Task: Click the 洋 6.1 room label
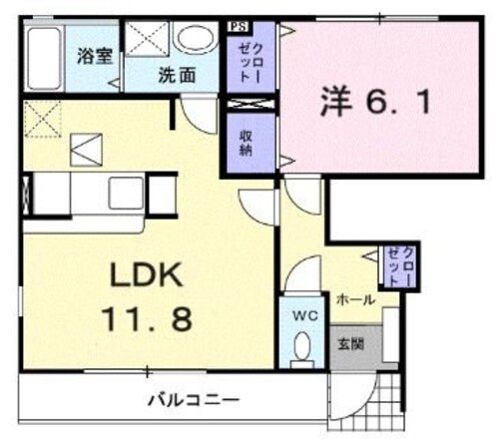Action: pos(377,101)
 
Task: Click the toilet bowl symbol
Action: pos(303,346)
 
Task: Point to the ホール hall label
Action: pos(354,298)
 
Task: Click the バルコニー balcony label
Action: pos(194,401)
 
